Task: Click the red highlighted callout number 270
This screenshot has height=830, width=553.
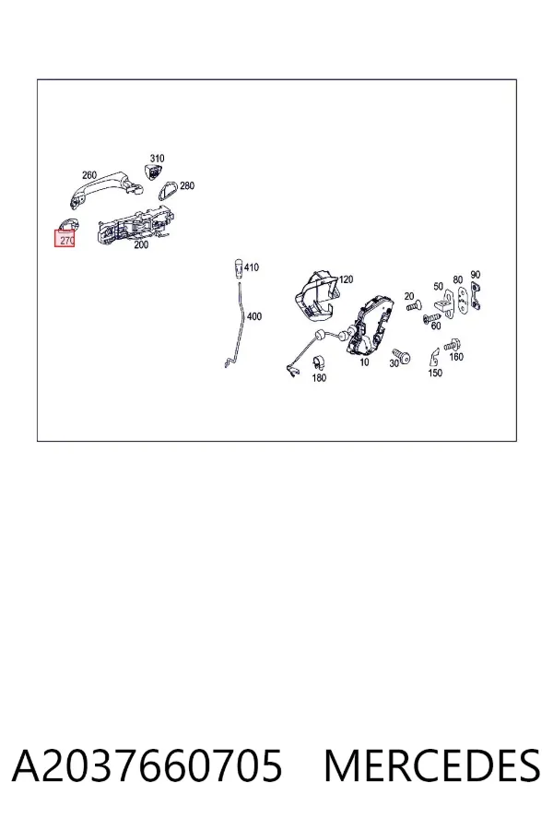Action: (x=66, y=241)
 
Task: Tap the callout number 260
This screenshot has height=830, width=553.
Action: (x=89, y=174)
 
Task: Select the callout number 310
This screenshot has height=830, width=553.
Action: (x=158, y=159)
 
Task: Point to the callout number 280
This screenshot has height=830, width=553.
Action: (x=187, y=185)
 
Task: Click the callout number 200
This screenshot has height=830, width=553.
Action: (x=141, y=245)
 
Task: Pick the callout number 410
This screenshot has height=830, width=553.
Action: (x=252, y=267)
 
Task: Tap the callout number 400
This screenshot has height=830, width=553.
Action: (x=254, y=316)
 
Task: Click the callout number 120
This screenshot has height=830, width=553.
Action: (x=346, y=279)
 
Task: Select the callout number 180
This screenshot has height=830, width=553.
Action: (x=319, y=378)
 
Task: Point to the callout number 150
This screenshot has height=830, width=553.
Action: (x=435, y=373)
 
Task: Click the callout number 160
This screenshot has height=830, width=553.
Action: (x=456, y=357)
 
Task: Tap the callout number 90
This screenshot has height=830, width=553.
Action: (x=476, y=275)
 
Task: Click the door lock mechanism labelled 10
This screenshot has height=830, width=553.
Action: (x=370, y=325)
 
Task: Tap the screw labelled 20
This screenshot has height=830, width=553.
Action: (x=413, y=306)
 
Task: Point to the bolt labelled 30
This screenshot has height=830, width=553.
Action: (x=401, y=356)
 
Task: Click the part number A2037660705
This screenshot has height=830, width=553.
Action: (x=147, y=766)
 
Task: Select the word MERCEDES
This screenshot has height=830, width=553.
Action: (x=432, y=766)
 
